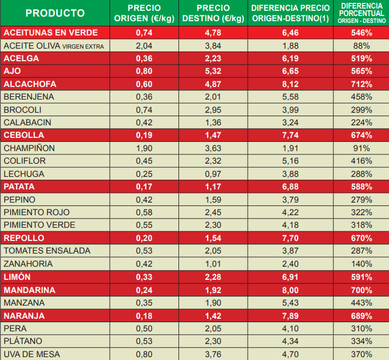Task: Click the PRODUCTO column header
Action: pos(55,13)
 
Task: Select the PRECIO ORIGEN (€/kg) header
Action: pos(144,13)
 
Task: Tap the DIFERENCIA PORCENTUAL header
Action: pos(362,13)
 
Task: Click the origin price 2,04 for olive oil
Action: pos(144,46)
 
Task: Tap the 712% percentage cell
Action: pos(362,84)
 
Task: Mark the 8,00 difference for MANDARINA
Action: pos(291,290)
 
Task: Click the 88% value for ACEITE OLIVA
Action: pos(362,46)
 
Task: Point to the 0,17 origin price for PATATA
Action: pos(144,187)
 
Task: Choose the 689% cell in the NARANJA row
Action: pos(362,315)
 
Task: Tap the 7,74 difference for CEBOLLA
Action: pos(291,136)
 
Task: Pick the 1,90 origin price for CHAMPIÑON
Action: pos(144,148)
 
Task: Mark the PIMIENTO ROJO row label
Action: pos(37,212)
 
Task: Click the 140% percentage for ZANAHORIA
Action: pos(362,264)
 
